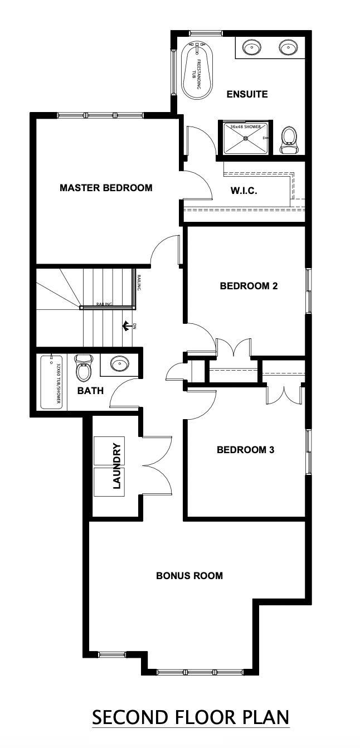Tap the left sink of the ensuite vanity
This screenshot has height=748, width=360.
252,47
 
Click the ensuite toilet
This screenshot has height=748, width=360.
289,139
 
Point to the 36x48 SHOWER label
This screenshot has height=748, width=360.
245,127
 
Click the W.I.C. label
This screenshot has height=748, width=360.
244,191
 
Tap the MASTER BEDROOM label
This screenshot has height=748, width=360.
106,188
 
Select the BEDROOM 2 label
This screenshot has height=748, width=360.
249,286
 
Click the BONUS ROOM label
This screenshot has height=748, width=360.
189,576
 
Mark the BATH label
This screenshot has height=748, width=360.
90,391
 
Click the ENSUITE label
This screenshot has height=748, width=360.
247,94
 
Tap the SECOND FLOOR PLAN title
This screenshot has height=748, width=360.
191,717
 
